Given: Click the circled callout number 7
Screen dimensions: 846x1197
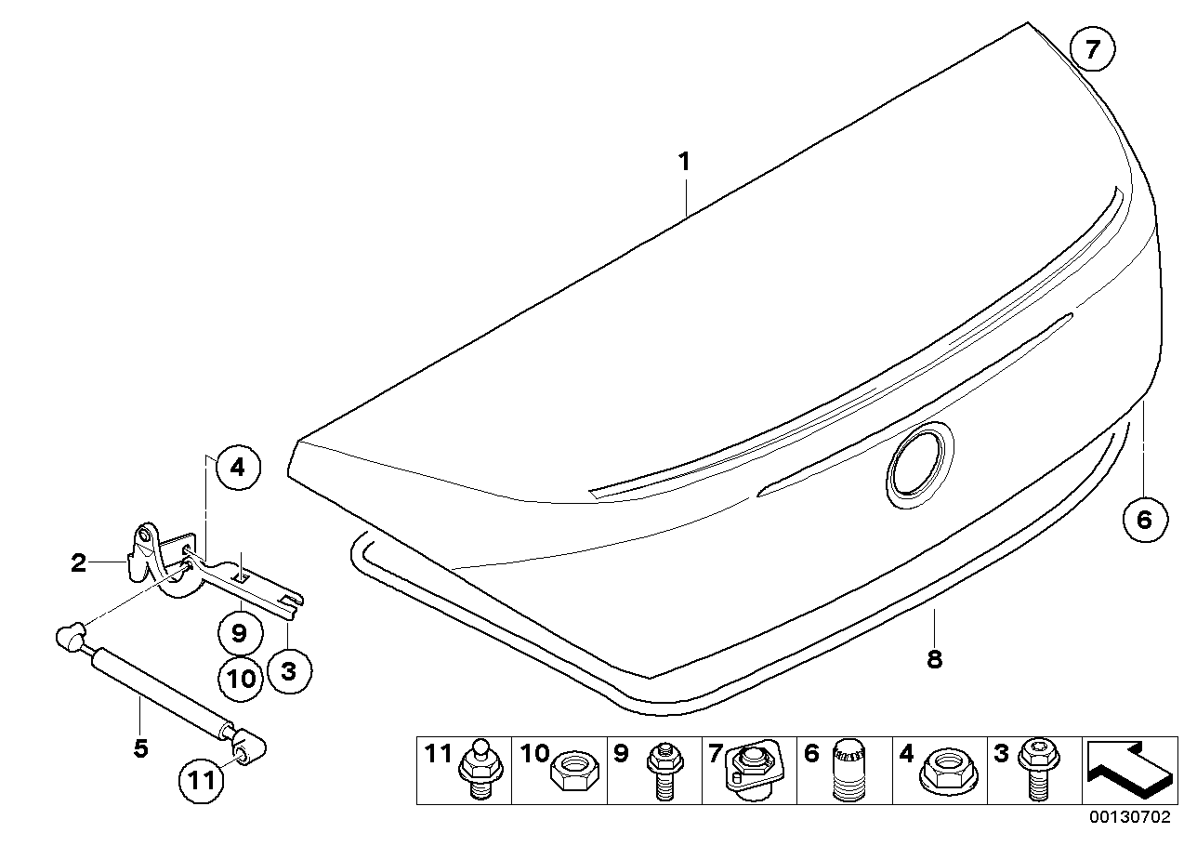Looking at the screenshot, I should (1092, 51).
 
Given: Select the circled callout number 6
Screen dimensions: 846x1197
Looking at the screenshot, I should (1144, 519).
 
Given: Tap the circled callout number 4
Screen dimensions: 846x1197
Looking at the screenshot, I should (238, 468).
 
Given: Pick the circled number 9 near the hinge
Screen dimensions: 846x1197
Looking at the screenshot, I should (239, 634).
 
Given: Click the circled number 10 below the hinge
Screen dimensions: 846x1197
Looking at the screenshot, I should (241, 679).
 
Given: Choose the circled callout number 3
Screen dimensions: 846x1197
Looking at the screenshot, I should (288, 669).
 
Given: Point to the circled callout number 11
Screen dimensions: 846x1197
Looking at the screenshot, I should (202, 780).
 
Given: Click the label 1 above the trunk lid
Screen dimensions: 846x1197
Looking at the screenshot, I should (684, 162).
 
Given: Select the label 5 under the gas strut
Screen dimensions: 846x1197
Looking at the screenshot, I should (140, 748).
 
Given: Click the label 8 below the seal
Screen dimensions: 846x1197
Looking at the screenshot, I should (934, 659).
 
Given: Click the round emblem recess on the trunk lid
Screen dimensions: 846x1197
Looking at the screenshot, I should (919, 469).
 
